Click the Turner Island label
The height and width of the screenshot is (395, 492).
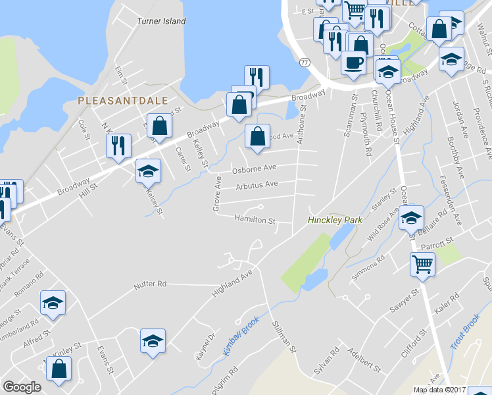(161, 21)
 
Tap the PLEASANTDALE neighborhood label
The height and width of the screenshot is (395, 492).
(122, 101)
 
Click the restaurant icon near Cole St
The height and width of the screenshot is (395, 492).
(118, 145)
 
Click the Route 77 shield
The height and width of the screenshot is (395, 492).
(304, 63)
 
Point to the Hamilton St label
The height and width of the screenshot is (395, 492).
(254, 221)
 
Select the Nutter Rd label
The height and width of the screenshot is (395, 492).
(150, 284)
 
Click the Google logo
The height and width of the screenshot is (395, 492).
(22, 387)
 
